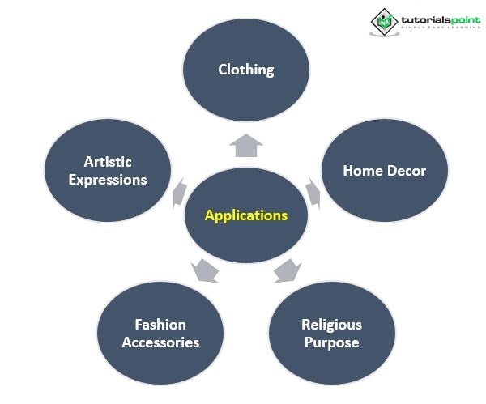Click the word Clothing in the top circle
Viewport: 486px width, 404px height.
(x=246, y=70)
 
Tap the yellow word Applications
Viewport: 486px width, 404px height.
(x=246, y=215)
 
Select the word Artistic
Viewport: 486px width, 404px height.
(x=108, y=162)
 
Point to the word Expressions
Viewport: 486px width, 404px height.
(x=108, y=180)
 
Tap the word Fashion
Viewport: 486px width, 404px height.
(x=160, y=325)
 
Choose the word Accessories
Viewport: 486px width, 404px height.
(x=160, y=342)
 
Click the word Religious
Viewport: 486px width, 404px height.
(x=331, y=325)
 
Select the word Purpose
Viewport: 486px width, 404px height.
(x=331, y=343)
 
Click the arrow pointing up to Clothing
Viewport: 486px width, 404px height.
(x=246, y=145)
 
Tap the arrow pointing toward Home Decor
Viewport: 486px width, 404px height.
(x=313, y=193)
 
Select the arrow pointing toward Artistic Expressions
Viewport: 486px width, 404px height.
(x=180, y=193)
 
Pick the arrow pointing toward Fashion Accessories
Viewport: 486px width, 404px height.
(x=205, y=270)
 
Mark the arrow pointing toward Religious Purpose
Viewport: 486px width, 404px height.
(x=288, y=270)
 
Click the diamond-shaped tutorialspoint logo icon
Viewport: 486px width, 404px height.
(x=384, y=22)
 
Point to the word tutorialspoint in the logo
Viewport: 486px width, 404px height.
(x=441, y=20)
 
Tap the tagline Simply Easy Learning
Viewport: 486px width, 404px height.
(x=441, y=28)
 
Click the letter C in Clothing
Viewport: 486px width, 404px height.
(x=223, y=70)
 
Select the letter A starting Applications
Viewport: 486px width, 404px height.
(x=210, y=215)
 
